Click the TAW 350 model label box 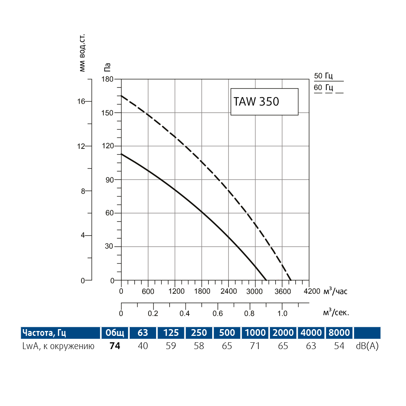(264, 102)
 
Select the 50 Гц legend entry (328, 76)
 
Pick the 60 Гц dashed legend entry (328, 88)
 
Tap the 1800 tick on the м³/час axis (202, 291)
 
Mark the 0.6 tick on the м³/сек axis (218, 313)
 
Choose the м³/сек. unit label (336, 313)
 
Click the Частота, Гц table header (44, 333)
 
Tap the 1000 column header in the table (255, 333)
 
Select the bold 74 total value (115, 346)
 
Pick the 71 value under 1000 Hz (255, 346)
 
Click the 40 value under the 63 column (143, 346)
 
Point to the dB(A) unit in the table (367, 346)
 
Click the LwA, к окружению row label (58, 346)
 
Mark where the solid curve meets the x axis (267, 280)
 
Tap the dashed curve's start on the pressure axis (121, 96)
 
